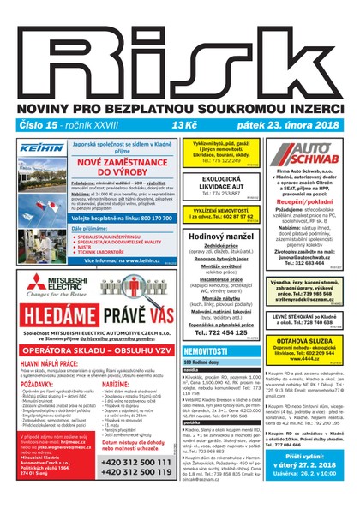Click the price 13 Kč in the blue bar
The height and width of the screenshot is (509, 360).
point(183,124)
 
